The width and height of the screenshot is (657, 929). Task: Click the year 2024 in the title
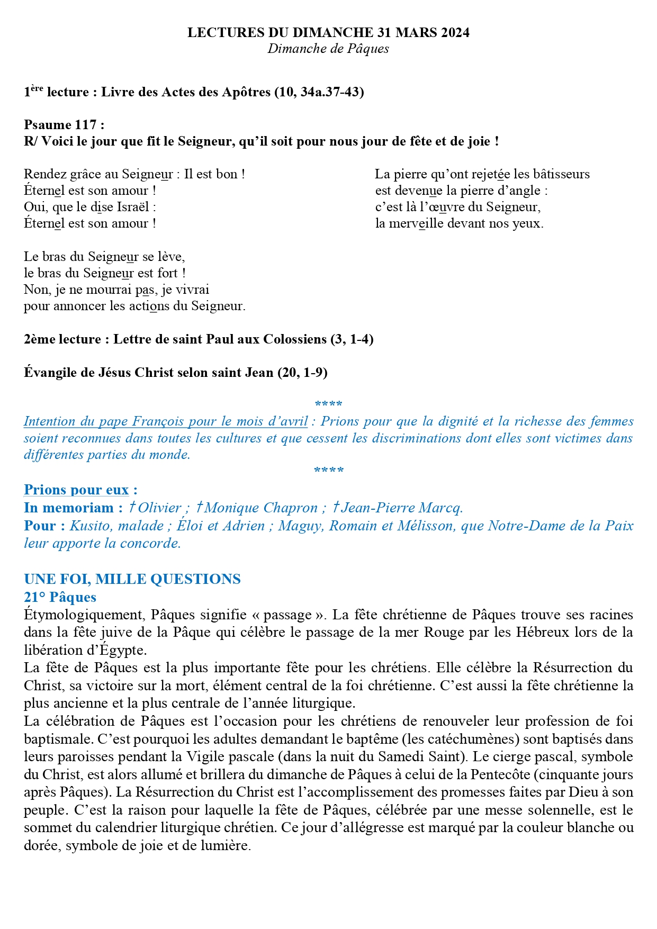pos(453,33)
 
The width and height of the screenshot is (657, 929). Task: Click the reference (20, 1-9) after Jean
pos(302,373)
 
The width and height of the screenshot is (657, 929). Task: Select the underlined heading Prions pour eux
pos(76,490)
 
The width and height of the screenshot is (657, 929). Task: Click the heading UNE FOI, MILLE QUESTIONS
pos(132,579)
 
